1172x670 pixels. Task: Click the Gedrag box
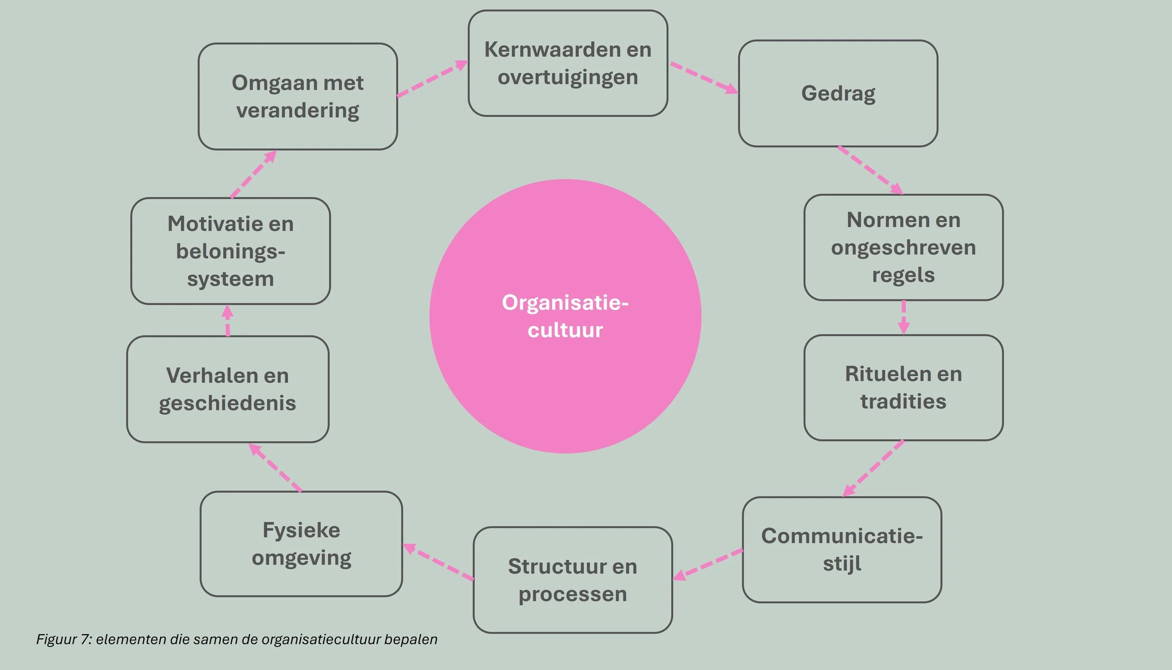pyautogui.click(x=838, y=93)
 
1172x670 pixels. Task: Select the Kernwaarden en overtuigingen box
pyautogui.click(x=568, y=63)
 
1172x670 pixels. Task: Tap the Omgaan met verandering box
pyautogui.click(x=298, y=97)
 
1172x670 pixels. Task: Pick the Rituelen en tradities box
pyautogui.click(x=903, y=388)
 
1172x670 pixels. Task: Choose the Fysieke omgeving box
pyautogui.click(x=301, y=544)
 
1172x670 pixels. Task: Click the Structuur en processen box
pyautogui.click(x=572, y=580)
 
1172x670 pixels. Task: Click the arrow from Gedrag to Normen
pyautogui.click(x=870, y=170)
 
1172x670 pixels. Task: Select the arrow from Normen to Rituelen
pyautogui.click(x=903, y=317)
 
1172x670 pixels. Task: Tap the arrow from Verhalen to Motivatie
pyautogui.click(x=228, y=320)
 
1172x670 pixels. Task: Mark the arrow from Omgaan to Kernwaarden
pyautogui.click(x=432, y=78)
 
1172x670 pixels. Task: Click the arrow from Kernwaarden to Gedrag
pyautogui.click(x=703, y=77)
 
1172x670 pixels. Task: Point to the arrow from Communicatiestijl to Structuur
pyautogui.click(x=708, y=564)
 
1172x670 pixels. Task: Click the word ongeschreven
pyautogui.click(x=903, y=248)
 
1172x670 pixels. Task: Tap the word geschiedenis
pyautogui.click(x=227, y=403)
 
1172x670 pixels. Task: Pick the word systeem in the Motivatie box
pyautogui.click(x=230, y=279)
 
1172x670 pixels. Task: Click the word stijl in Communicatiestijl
pyautogui.click(x=842, y=563)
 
